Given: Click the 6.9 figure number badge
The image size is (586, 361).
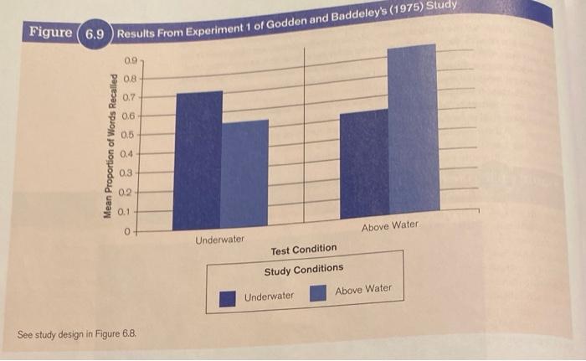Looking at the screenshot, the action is pyautogui.click(x=95, y=34).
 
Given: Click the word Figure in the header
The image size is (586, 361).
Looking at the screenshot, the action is pyautogui.click(x=51, y=32).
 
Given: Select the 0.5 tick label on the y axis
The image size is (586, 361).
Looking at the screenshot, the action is pyautogui.click(x=127, y=135).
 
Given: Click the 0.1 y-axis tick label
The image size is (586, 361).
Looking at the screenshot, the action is pyautogui.click(x=125, y=212).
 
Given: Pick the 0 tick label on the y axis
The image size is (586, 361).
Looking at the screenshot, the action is pyautogui.click(x=127, y=232).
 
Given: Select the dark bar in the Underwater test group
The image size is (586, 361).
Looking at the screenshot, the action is pyautogui.click(x=198, y=161).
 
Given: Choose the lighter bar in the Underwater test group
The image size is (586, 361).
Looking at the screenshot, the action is pyautogui.click(x=244, y=173).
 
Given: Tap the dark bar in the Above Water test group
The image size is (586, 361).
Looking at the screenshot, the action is pyautogui.click(x=365, y=164).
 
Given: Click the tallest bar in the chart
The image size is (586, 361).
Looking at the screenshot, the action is pyautogui.click(x=414, y=128).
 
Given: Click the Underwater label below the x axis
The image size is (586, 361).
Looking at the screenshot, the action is pyautogui.click(x=219, y=240).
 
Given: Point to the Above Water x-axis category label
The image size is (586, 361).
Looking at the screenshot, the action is pyautogui.click(x=390, y=226).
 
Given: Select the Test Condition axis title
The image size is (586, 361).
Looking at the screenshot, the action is pyautogui.click(x=304, y=250).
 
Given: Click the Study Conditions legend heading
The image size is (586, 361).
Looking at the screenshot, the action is pyautogui.click(x=304, y=270).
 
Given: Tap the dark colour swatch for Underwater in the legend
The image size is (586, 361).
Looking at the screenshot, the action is pyautogui.click(x=227, y=299).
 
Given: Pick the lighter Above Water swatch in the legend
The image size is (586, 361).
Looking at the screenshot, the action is pyautogui.click(x=318, y=293).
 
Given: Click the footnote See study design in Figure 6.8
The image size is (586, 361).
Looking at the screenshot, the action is pyautogui.click(x=77, y=334).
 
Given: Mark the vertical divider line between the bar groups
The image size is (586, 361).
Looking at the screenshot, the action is pyautogui.click(x=304, y=135).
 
